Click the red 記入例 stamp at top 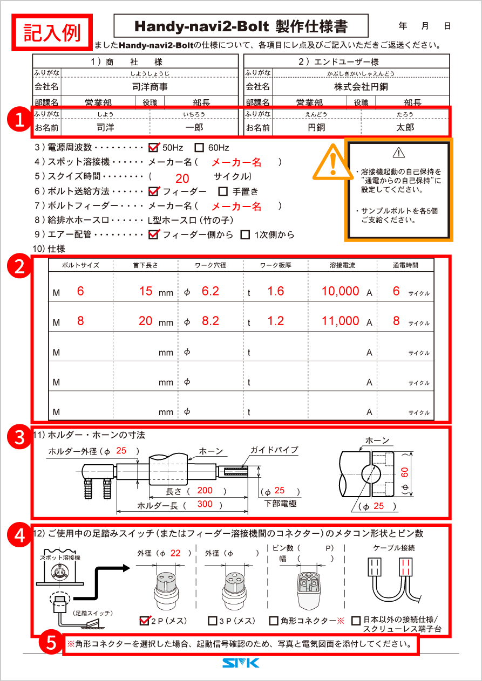pyautogui.click(x=52, y=33)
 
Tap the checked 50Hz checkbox pyautogui.click(x=153, y=147)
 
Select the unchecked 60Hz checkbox pyautogui.click(x=199, y=147)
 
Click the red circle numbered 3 pyautogui.click(x=20, y=437)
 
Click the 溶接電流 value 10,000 pyautogui.click(x=341, y=291)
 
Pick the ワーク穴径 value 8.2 pyautogui.click(x=210, y=321)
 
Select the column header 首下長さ pyautogui.click(x=146, y=265)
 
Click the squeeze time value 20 pyautogui.click(x=182, y=179)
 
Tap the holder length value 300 pyautogui.click(x=205, y=504)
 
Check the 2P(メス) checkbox pyautogui.click(x=144, y=620)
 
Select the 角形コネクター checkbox pyautogui.click(x=274, y=621)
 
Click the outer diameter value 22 pyautogui.click(x=175, y=553)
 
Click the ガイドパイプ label pyautogui.click(x=274, y=450)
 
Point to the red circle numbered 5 pyautogui.click(x=51, y=643)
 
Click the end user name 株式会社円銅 pyautogui.click(x=361, y=86)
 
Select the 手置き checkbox pyautogui.click(x=223, y=191)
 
